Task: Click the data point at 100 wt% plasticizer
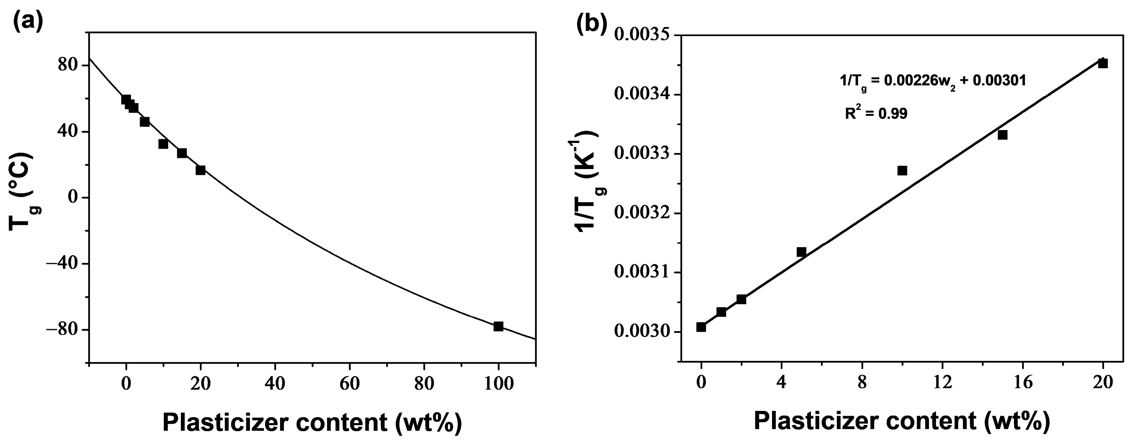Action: pyautogui.click(x=498, y=326)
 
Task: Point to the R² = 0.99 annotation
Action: pyautogui.click(x=876, y=114)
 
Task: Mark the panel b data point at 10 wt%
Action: pyautogui.click(x=902, y=170)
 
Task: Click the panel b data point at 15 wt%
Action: pyautogui.click(x=1002, y=135)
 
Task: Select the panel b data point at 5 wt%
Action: pyautogui.click(x=801, y=252)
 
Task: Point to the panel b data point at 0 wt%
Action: pyautogui.click(x=701, y=327)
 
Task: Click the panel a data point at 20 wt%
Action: pyautogui.click(x=201, y=170)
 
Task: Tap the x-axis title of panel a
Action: pyautogui.click(x=312, y=422)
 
